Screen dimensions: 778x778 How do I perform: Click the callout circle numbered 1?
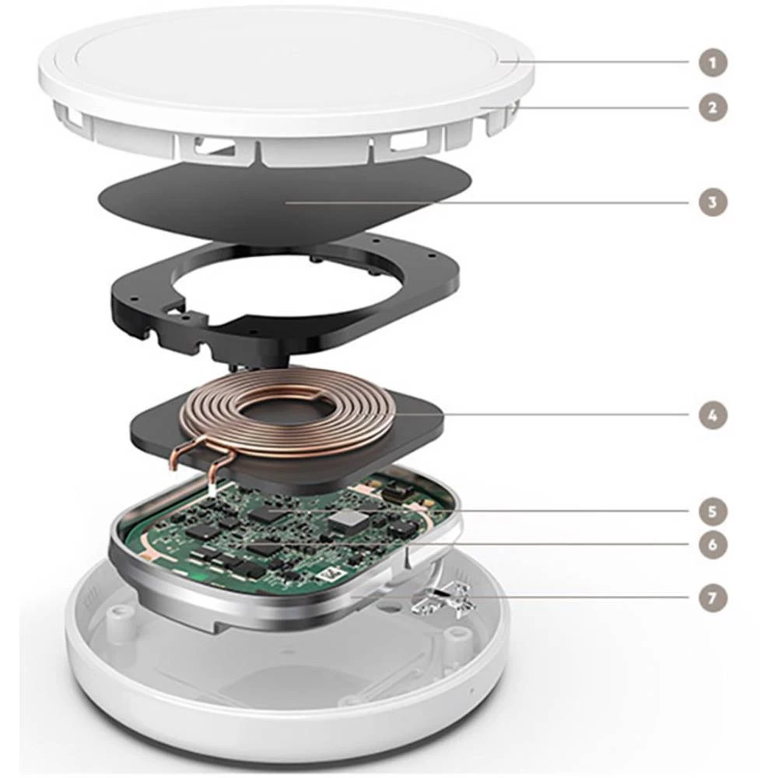tap(712, 61)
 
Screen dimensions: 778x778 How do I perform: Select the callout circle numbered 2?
tap(712, 107)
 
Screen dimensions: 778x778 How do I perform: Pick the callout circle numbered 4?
tap(712, 415)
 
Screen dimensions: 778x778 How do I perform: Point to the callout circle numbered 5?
tap(712, 512)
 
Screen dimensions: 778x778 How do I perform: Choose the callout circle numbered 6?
tap(712, 545)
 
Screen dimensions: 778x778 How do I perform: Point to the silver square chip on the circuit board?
tap(347, 520)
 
